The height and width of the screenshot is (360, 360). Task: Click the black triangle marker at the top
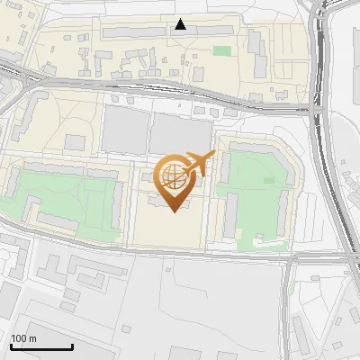coord(181,24)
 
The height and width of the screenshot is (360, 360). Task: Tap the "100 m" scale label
coord(23,338)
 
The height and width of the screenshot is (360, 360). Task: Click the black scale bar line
coord(41,347)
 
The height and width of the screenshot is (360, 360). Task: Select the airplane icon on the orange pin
coord(199,164)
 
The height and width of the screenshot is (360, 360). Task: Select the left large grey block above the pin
coord(124,131)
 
